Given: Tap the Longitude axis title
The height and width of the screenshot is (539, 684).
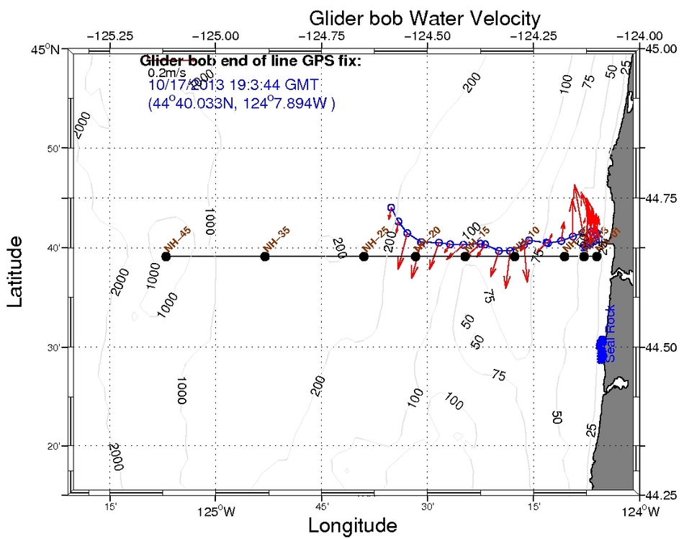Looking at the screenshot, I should [352, 525].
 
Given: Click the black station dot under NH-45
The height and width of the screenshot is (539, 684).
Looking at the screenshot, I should [166, 257].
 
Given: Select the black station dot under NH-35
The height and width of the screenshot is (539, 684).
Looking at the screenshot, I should [265, 257].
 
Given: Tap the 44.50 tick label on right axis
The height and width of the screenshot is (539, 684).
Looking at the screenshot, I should [660, 347].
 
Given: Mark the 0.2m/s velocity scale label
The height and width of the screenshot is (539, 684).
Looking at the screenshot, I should [164, 72].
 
